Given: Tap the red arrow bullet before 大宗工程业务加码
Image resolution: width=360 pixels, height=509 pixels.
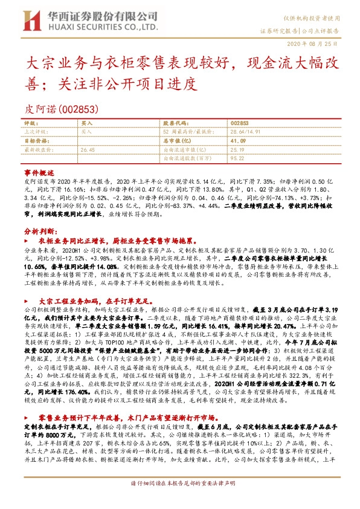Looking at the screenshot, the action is coord(27,300).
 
